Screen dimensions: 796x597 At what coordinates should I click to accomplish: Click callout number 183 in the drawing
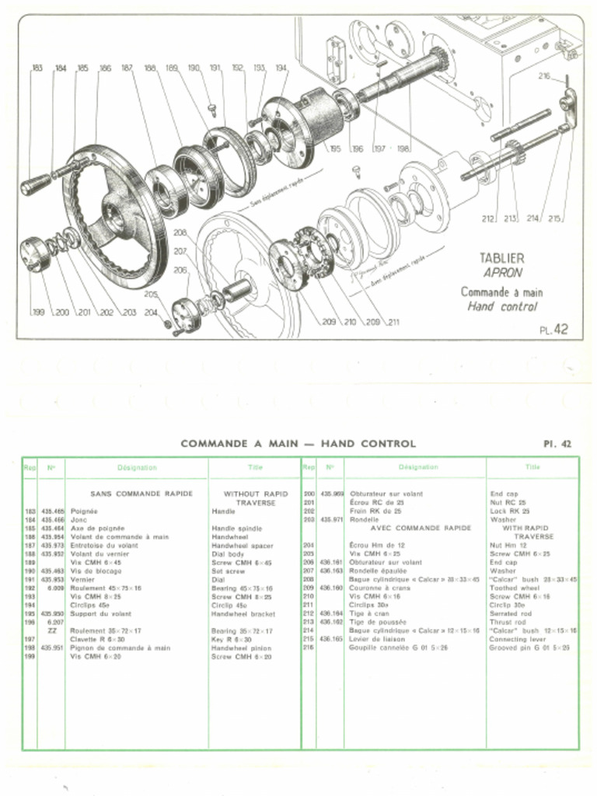click(37, 69)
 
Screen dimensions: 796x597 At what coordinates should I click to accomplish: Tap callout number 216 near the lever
click(544, 76)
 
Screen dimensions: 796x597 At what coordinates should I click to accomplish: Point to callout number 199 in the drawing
click(37, 312)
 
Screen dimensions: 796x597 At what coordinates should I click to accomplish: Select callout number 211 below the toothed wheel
click(393, 322)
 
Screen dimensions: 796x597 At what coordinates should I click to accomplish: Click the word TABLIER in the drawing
click(501, 258)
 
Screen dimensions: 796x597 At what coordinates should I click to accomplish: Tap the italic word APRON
click(502, 274)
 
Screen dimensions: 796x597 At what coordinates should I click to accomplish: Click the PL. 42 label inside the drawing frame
click(553, 330)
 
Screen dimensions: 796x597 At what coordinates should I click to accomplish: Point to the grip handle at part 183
click(35, 185)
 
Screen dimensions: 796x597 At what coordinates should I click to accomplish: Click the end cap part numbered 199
click(34, 253)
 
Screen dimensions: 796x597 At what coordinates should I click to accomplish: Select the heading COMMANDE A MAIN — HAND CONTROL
click(298, 444)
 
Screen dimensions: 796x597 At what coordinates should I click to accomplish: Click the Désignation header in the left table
click(137, 468)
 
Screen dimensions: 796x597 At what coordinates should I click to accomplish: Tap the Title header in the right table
click(532, 468)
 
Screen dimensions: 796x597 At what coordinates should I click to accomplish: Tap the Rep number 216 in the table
click(308, 648)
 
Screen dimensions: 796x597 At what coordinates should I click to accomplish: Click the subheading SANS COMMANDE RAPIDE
click(141, 494)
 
